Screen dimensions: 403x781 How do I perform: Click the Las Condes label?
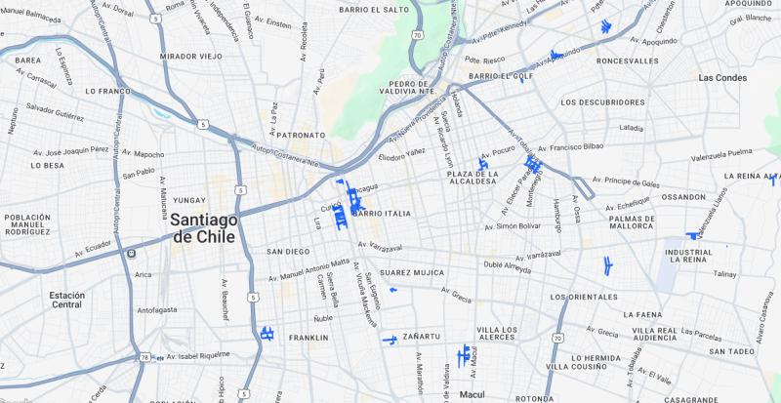721,77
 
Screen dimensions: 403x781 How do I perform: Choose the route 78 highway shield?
144,359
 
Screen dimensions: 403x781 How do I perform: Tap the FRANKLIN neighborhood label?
308,339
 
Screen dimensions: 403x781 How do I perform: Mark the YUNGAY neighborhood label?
188,199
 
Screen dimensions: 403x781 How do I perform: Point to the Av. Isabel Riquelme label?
199,356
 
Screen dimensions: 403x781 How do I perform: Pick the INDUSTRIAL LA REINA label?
689,257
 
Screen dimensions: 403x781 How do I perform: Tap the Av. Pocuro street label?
496,152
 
